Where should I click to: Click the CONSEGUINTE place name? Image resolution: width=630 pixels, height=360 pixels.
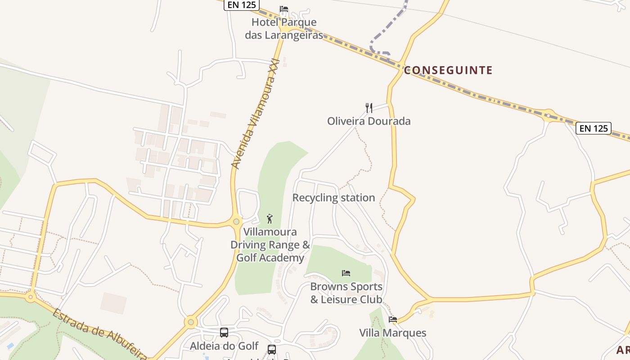448,70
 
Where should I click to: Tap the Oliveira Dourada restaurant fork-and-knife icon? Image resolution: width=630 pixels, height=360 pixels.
369,108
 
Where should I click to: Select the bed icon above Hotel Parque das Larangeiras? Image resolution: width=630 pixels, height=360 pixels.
284,9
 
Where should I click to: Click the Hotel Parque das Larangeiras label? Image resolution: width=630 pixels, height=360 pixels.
284,28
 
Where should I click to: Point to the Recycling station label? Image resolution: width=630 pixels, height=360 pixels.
333,198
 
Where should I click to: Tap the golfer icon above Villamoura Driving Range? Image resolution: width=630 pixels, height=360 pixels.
270,219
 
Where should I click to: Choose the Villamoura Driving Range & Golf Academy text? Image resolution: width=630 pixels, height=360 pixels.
270,245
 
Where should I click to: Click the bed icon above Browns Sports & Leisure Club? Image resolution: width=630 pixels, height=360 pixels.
346,273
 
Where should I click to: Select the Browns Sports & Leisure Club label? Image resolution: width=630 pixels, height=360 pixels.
346,293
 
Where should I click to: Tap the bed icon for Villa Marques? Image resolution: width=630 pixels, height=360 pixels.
393,319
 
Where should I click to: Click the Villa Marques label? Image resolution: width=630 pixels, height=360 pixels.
392,333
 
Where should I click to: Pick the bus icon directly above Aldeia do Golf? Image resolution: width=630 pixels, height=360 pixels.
224,333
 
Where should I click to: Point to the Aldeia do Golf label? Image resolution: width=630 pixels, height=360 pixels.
224,346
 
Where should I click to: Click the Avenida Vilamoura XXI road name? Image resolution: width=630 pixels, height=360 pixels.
255,114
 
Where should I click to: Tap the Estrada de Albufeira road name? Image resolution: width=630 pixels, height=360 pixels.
99,333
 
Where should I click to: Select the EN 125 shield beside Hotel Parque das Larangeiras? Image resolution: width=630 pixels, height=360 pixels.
242,5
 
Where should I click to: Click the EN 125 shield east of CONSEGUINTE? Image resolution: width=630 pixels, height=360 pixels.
594,128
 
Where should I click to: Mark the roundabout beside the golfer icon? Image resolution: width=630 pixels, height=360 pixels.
236,221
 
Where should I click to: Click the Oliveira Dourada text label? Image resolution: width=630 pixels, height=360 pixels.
369,121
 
